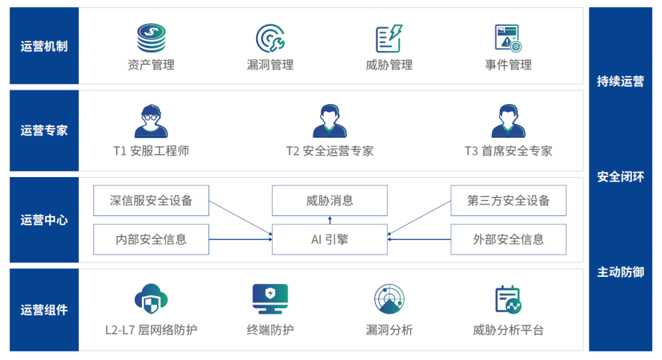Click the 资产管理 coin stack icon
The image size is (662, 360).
click(x=151, y=38)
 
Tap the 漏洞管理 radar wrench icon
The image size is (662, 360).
click(x=270, y=38)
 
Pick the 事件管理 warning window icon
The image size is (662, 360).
click(x=508, y=38)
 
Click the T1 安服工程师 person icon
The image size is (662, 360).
click(x=151, y=121)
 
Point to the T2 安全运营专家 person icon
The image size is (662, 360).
click(x=329, y=121)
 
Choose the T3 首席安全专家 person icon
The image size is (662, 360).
click(x=508, y=121)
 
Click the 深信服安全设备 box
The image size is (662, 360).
click(x=151, y=201)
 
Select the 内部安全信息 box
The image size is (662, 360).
click(x=151, y=240)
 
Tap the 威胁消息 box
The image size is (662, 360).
click(x=329, y=201)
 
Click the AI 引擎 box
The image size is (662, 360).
click(x=329, y=240)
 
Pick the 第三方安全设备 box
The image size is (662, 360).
click(x=508, y=201)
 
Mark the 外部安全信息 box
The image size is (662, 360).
click(x=508, y=240)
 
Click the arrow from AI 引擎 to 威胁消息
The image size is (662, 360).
click(x=330, y=220)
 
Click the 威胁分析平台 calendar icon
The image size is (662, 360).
click(x=508, y=300)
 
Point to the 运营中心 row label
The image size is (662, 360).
click(x=44, y=220)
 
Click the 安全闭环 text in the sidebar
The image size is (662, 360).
click(x=620, y=177)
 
